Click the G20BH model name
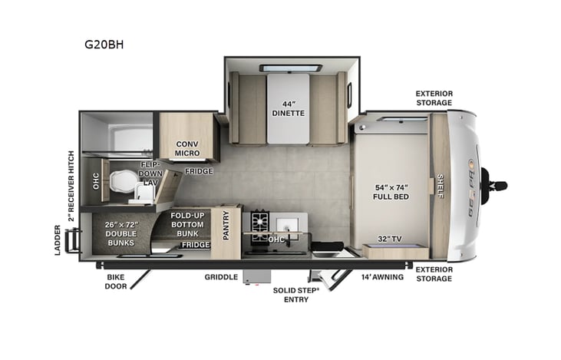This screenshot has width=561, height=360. click(104, 45)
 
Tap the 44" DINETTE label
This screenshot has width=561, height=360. click(289, 108)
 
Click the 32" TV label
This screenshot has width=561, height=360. click(391, 237)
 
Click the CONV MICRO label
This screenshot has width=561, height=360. click(187, 148)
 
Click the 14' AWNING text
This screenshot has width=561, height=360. click(383, 277)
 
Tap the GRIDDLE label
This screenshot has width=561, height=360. click(220, 277)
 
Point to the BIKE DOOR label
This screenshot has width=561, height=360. click(117, 282)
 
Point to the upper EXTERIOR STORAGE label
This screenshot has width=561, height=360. click(434, 97)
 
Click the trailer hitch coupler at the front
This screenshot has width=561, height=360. click(498, 185)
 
